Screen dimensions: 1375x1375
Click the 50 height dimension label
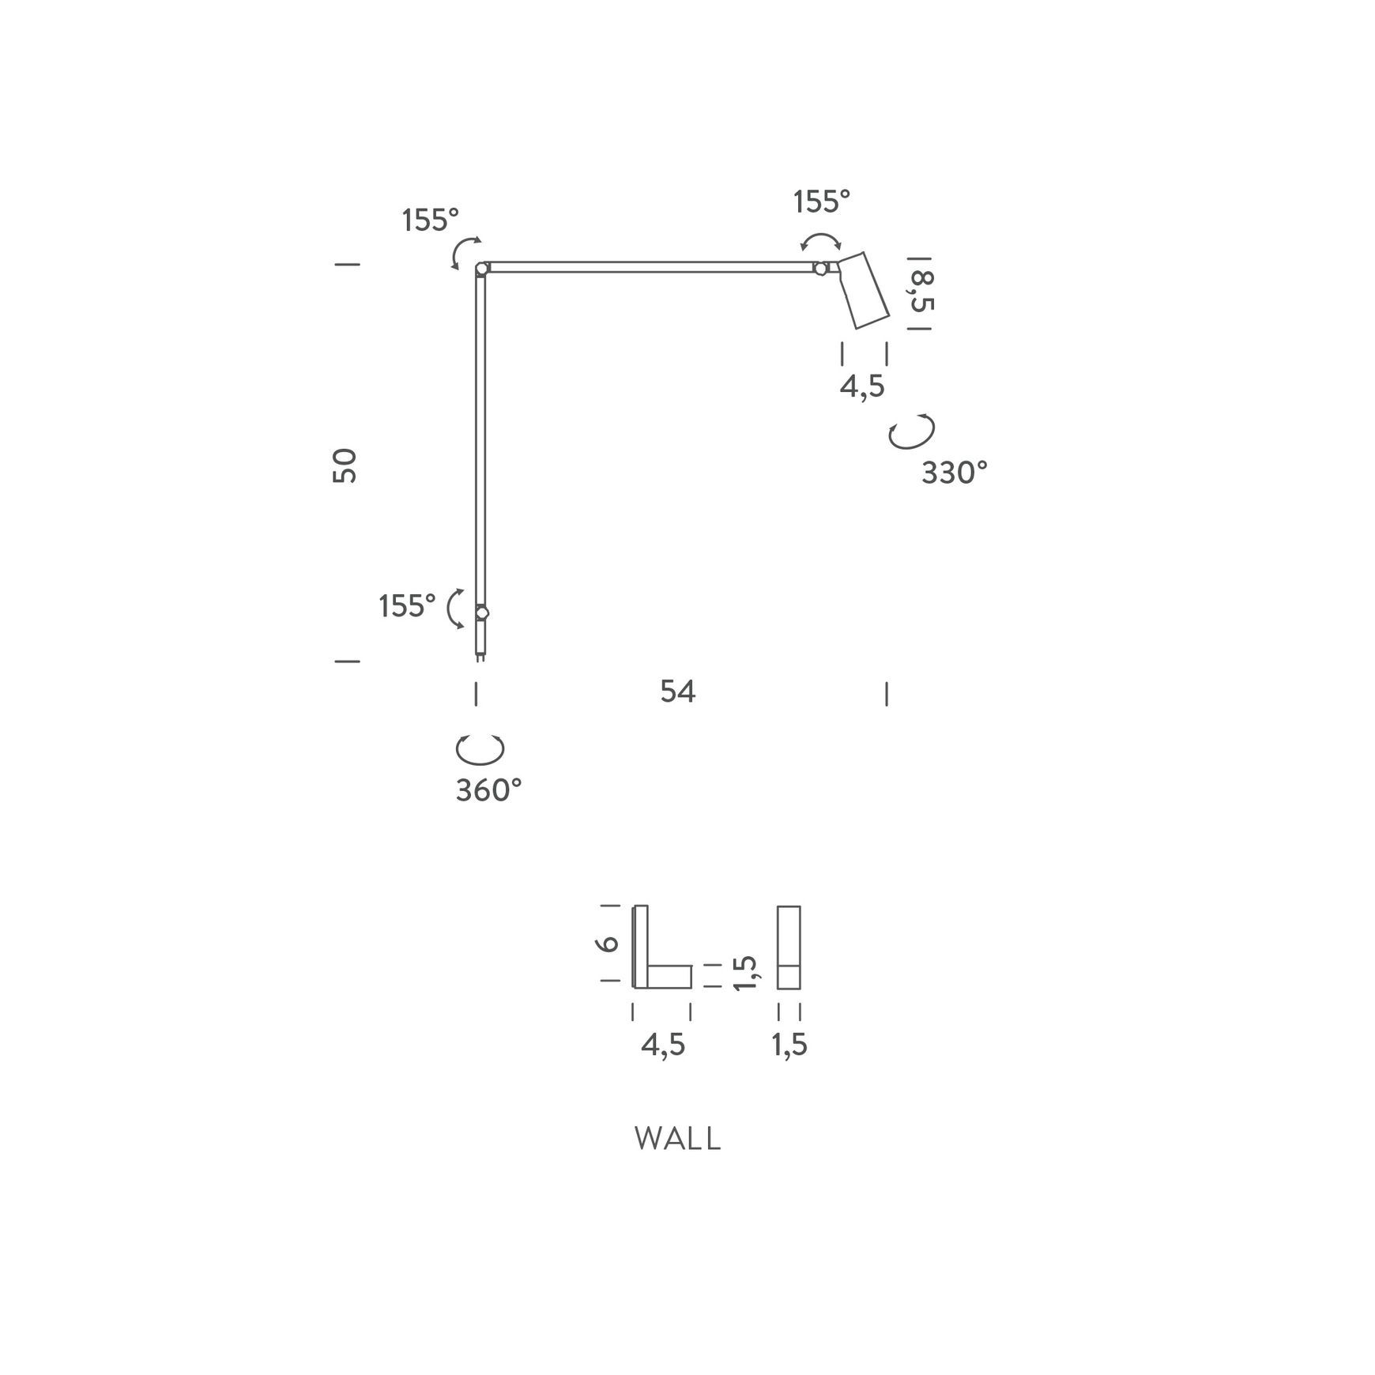345,465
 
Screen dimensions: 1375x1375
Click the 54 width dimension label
678,691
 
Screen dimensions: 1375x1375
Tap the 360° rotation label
489,790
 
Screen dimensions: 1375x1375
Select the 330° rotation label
955,473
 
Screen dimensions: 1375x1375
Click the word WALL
678,1139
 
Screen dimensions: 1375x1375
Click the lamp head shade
863,290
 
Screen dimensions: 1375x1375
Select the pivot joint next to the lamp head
820,269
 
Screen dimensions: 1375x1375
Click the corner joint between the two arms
481,269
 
